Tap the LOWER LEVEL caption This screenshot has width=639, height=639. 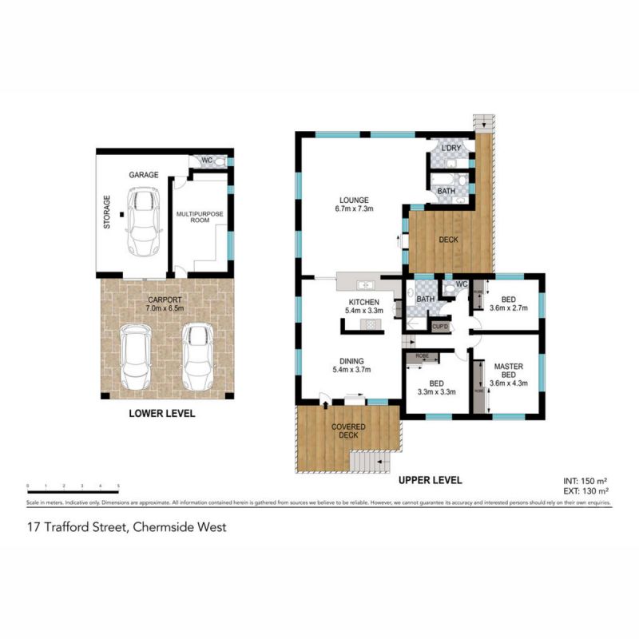(x=162, y=415)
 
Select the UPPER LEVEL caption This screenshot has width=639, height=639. (x=430, y=480)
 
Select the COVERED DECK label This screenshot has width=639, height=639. (x=348, y=432)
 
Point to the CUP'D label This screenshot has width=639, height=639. (x=440, y=326)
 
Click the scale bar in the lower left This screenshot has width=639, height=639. (x=73, y=486)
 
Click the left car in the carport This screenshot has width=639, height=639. (x=137, y=355)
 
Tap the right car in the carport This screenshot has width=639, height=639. (x=196, y=355)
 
